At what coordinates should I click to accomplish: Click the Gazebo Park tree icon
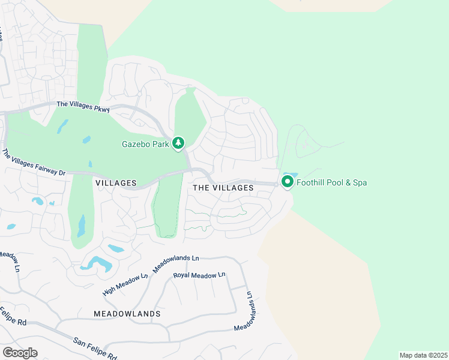(178, 143)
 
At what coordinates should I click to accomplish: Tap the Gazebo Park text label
(145, 143)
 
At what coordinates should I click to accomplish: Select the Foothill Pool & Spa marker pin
(287, 181)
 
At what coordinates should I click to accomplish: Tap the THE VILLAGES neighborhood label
(223, 188)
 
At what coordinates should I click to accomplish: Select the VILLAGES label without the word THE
(116, 182)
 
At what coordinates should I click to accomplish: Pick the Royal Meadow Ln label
(199, 275)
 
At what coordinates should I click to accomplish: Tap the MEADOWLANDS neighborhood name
(127, 314)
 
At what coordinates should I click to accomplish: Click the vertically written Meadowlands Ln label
(244, 310)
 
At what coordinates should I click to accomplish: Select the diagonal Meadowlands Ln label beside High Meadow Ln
(176, 263)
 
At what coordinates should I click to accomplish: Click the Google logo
(20, 352)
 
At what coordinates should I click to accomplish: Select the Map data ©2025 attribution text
(423, 355)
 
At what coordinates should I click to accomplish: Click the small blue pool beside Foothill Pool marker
(286, 174)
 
